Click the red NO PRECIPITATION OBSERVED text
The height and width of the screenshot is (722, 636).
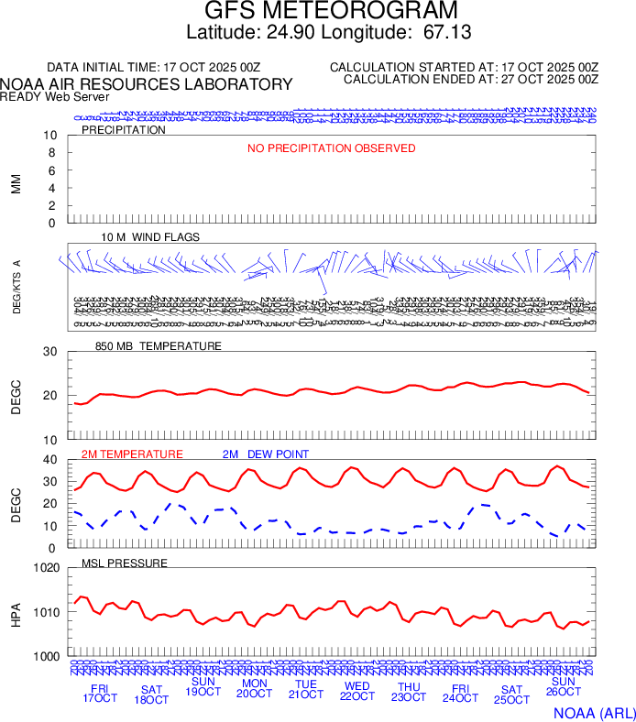coord(332,148)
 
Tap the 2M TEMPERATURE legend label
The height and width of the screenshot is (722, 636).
coord(132,454)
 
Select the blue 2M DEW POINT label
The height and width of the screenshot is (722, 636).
coord(266,454)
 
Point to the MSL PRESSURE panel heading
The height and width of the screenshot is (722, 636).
coord(125,563)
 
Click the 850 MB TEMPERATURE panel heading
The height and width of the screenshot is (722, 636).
coord(159,346)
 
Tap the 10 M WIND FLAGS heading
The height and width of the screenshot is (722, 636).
coord(150,237)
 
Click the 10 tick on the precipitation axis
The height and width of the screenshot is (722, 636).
coord(51,136)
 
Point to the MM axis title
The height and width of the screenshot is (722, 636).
coord(16,183)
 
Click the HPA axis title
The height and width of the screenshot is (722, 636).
coord(16,612)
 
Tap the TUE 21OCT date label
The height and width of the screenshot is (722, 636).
coord(306,690)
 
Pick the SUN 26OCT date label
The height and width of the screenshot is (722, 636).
coord(564,687)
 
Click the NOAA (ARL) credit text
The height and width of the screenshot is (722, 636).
coord(592,712)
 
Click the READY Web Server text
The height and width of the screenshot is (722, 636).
coord(55,97)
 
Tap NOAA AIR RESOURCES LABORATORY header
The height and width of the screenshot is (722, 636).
coord(147,84)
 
